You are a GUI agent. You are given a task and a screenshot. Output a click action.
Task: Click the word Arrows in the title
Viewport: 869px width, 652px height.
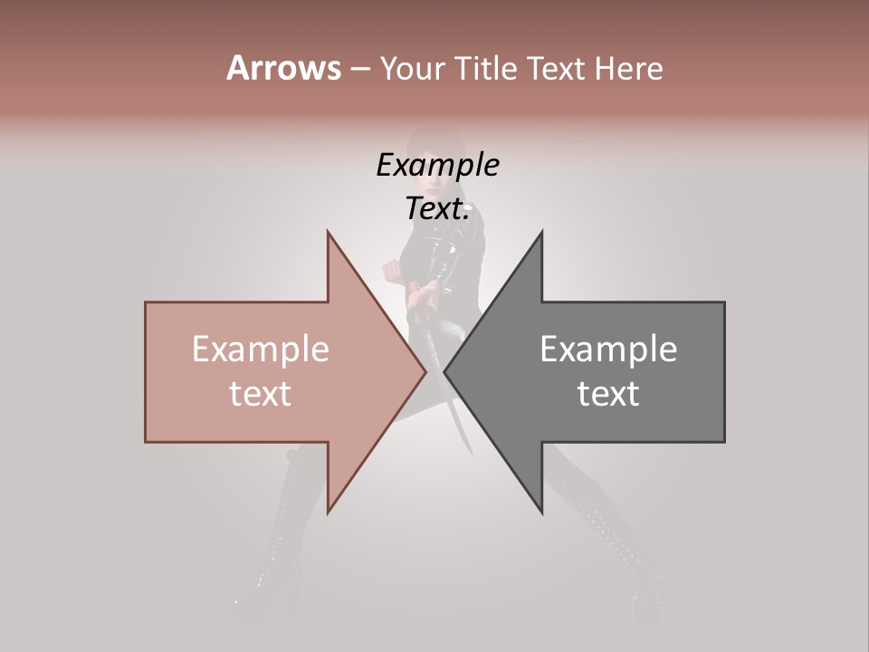coord(283,68)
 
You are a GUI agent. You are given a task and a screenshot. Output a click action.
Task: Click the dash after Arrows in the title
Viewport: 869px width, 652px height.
coord(359,69)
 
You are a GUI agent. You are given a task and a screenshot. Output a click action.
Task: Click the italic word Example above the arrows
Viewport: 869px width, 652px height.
coord(438,165)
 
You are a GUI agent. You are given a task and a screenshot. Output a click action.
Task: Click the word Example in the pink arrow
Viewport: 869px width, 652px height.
coord(261,350)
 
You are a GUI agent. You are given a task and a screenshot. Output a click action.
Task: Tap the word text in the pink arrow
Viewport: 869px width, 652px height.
coord(261,393)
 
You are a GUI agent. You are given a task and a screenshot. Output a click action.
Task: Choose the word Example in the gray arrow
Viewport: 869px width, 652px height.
coord(608,350)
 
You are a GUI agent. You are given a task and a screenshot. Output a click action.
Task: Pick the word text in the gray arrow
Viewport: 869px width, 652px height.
coord(608,393)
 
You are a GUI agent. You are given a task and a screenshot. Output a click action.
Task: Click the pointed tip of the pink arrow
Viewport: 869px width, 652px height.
coord(425,372)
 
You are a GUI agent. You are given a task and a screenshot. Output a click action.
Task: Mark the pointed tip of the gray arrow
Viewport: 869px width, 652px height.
coord(444,372)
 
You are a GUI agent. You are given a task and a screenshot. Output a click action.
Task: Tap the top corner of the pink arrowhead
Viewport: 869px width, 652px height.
coord(328,232)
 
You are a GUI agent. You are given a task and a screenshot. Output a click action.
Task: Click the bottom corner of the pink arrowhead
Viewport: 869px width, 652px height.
coord(328,513)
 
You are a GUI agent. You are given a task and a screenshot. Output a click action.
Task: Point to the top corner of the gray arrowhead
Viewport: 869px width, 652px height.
coord(541,232)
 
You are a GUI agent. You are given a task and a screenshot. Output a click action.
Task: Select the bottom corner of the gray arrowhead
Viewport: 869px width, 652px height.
coord(541,513)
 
